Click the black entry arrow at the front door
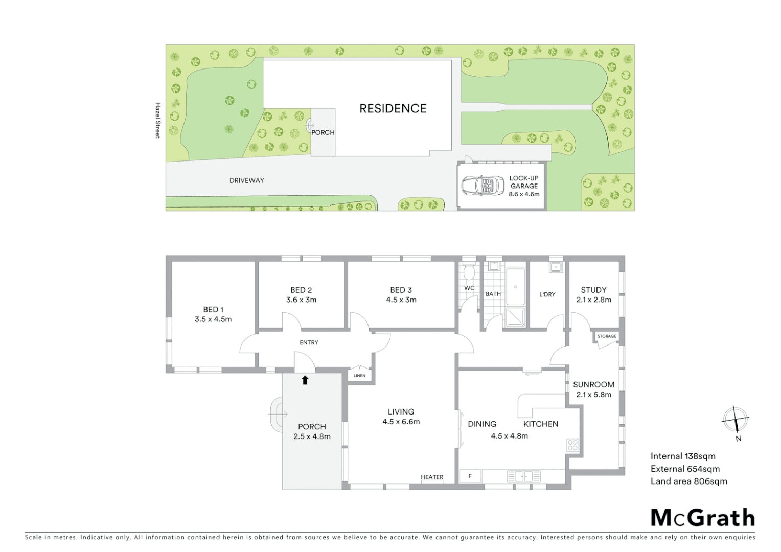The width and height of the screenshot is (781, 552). pos(305,380)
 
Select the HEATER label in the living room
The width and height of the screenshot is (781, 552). pos(432,477)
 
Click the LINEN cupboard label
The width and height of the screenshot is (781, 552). pos(359,376)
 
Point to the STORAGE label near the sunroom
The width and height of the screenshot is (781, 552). pos(607,336)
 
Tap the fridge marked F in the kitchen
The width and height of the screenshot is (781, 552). pos(470,476)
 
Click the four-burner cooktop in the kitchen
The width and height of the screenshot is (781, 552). pos(572,445)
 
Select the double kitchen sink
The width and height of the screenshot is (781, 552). pos(524,476)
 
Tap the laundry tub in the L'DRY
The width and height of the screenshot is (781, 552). pos(556,267)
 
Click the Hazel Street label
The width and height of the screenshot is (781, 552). pos(158,121)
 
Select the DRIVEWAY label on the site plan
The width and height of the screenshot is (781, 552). pos(247,180)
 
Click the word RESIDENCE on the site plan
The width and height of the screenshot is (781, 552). pos(393,108)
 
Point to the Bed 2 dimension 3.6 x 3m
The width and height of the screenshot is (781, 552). pos(301,300)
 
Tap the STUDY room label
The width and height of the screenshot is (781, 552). pos(593,290)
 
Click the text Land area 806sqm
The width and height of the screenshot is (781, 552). pos(688,481)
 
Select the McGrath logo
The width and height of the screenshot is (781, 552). pos(702,518)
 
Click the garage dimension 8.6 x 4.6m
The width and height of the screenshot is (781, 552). pos(524,194)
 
